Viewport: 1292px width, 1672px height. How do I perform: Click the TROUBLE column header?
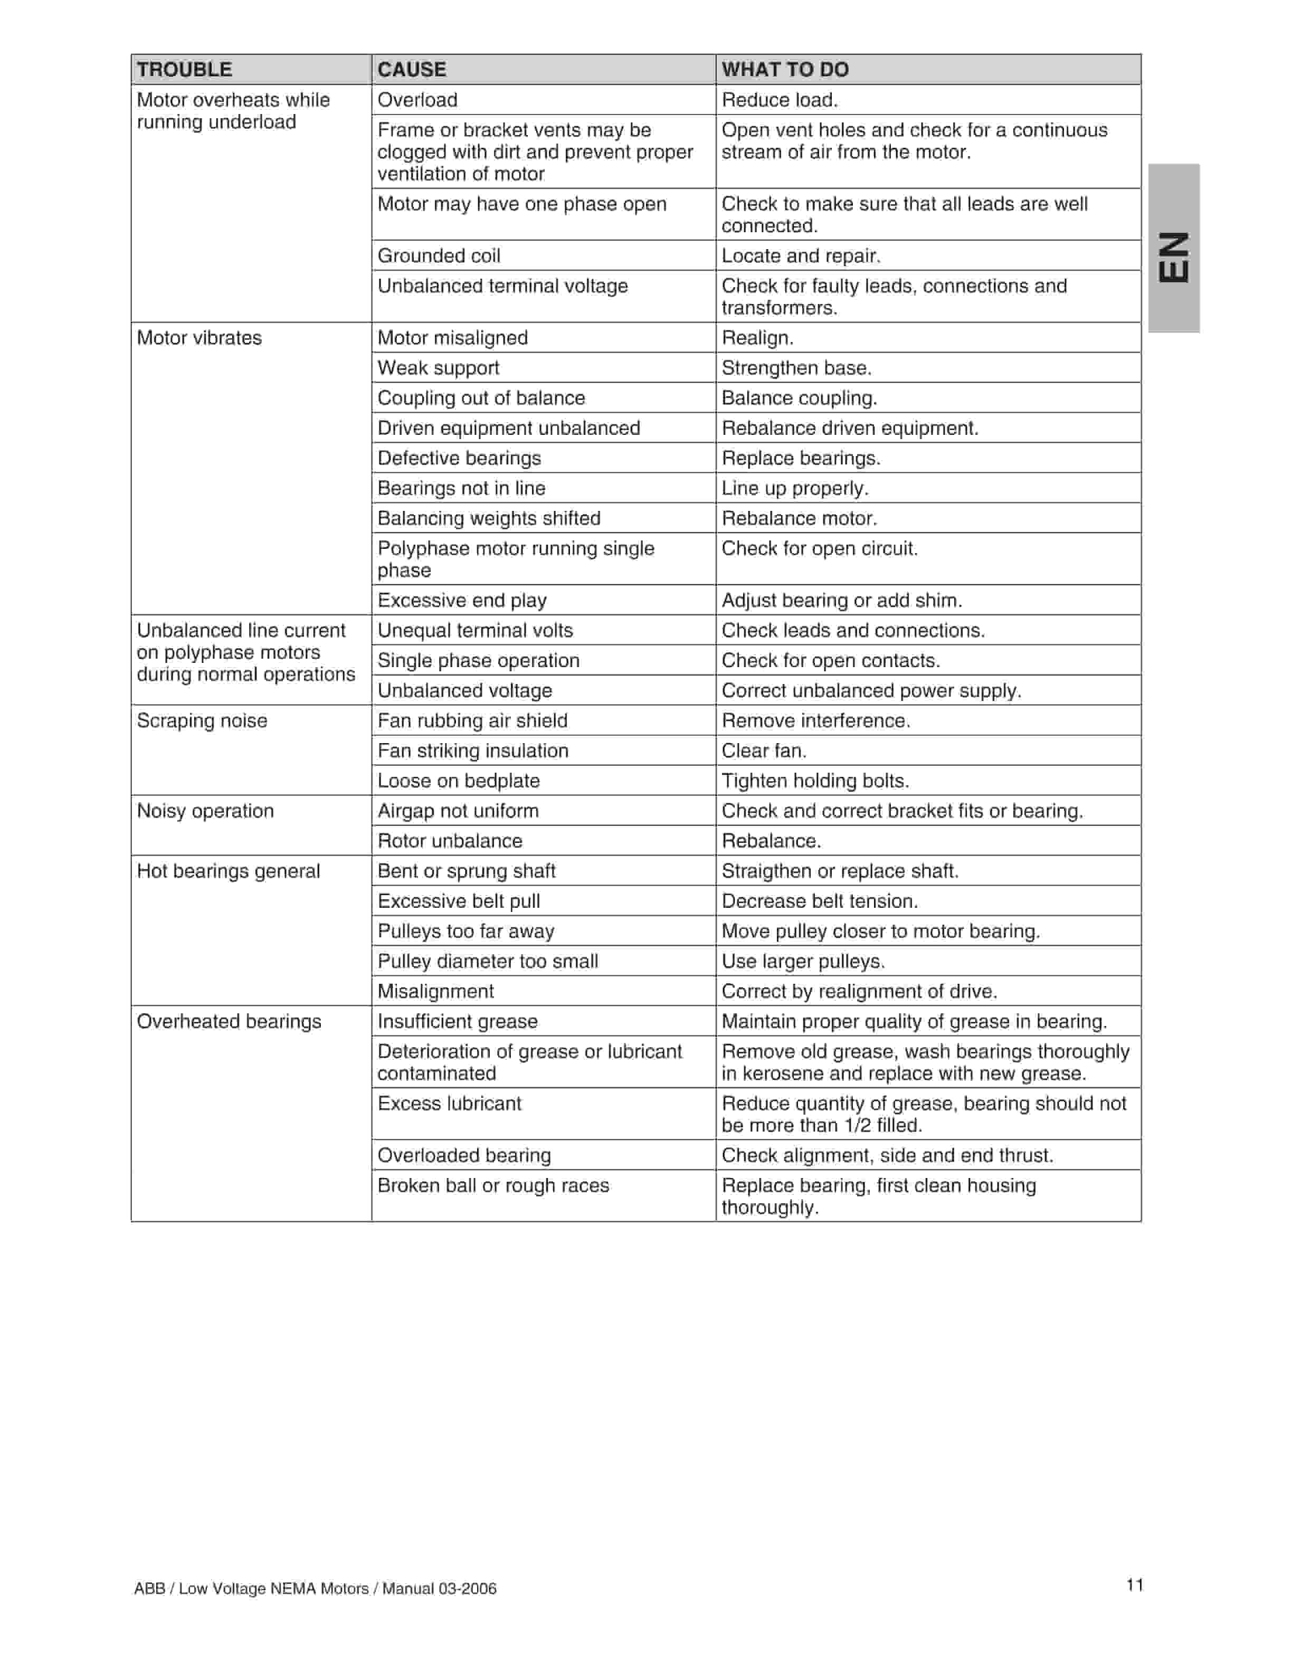185,70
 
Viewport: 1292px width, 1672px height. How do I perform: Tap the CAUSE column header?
412,70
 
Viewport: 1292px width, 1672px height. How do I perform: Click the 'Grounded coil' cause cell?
439,255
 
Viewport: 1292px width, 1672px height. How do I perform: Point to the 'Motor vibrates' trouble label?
199,338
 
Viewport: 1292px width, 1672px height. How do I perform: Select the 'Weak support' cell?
438,368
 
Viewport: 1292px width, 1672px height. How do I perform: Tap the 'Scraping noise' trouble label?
202,720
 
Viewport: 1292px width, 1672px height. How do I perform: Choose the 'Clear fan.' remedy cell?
764,751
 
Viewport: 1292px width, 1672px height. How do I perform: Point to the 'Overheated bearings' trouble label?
229,1021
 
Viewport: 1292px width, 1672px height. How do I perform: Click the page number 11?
1134,1585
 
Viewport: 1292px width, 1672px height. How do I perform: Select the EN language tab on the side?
1173,256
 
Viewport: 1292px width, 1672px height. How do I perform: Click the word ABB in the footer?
149,1589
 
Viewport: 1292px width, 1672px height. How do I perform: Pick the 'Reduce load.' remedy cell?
779,100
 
